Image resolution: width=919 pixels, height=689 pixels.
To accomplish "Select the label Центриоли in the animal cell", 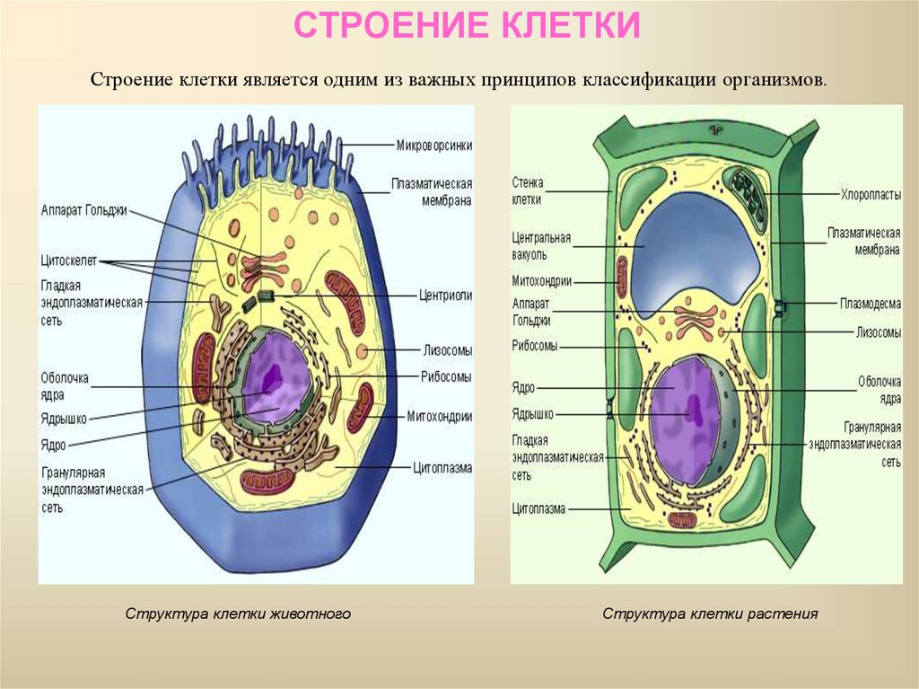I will point(445,295).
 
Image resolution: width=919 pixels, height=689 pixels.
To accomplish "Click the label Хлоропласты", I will point(870,193).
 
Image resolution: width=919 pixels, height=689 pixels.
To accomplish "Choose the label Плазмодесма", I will point(871,304).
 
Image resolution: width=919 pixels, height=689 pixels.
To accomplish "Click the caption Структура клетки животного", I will point(238,614).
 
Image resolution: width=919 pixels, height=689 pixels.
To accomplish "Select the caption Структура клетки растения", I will point(710,614).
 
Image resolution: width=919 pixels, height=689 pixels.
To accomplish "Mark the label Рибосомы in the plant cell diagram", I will point(535,345).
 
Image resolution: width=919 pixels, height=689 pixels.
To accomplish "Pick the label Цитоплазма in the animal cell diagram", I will point(442,467).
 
